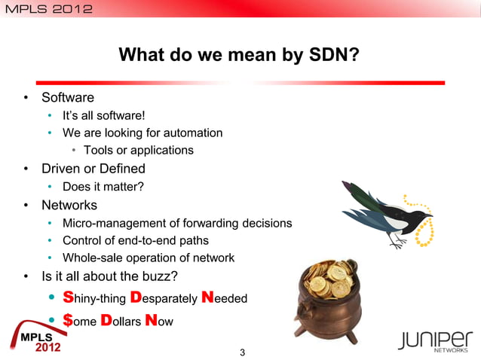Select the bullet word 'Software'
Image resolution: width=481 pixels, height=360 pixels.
(x=68, y=97)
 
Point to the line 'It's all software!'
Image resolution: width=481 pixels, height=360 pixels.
(x=103, y=115)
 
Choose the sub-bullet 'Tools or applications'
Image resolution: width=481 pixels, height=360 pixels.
(x=138, y=150)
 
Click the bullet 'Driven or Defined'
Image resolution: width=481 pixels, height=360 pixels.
(x=93, y=168)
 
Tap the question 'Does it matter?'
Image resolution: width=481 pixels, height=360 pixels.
(x=103, y=186)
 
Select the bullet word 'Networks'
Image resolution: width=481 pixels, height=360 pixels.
(x=69, y=204)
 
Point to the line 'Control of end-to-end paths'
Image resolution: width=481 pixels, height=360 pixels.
(x=136, y=240)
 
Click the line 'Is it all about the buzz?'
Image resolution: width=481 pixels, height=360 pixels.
(x=109, y=276)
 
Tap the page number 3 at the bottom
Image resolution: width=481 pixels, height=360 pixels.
(x=241, y=352)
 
